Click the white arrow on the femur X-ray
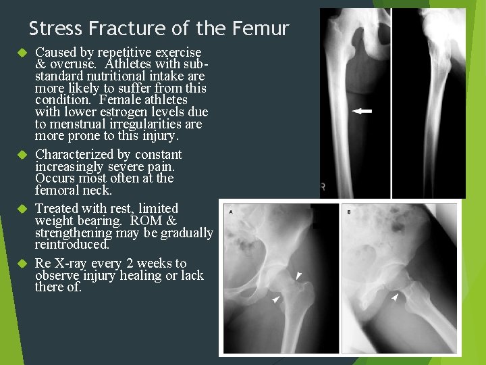pyautogui.click(x=362, y=111)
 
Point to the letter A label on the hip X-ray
pyautogui.click(x=232, y=212)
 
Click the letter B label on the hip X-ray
pyautogui.click(x=349, y=212)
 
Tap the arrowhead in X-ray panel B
pyautogui.click(x=395, y=297)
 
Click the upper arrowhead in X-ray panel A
pyautogui.click(x=299, y=275)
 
